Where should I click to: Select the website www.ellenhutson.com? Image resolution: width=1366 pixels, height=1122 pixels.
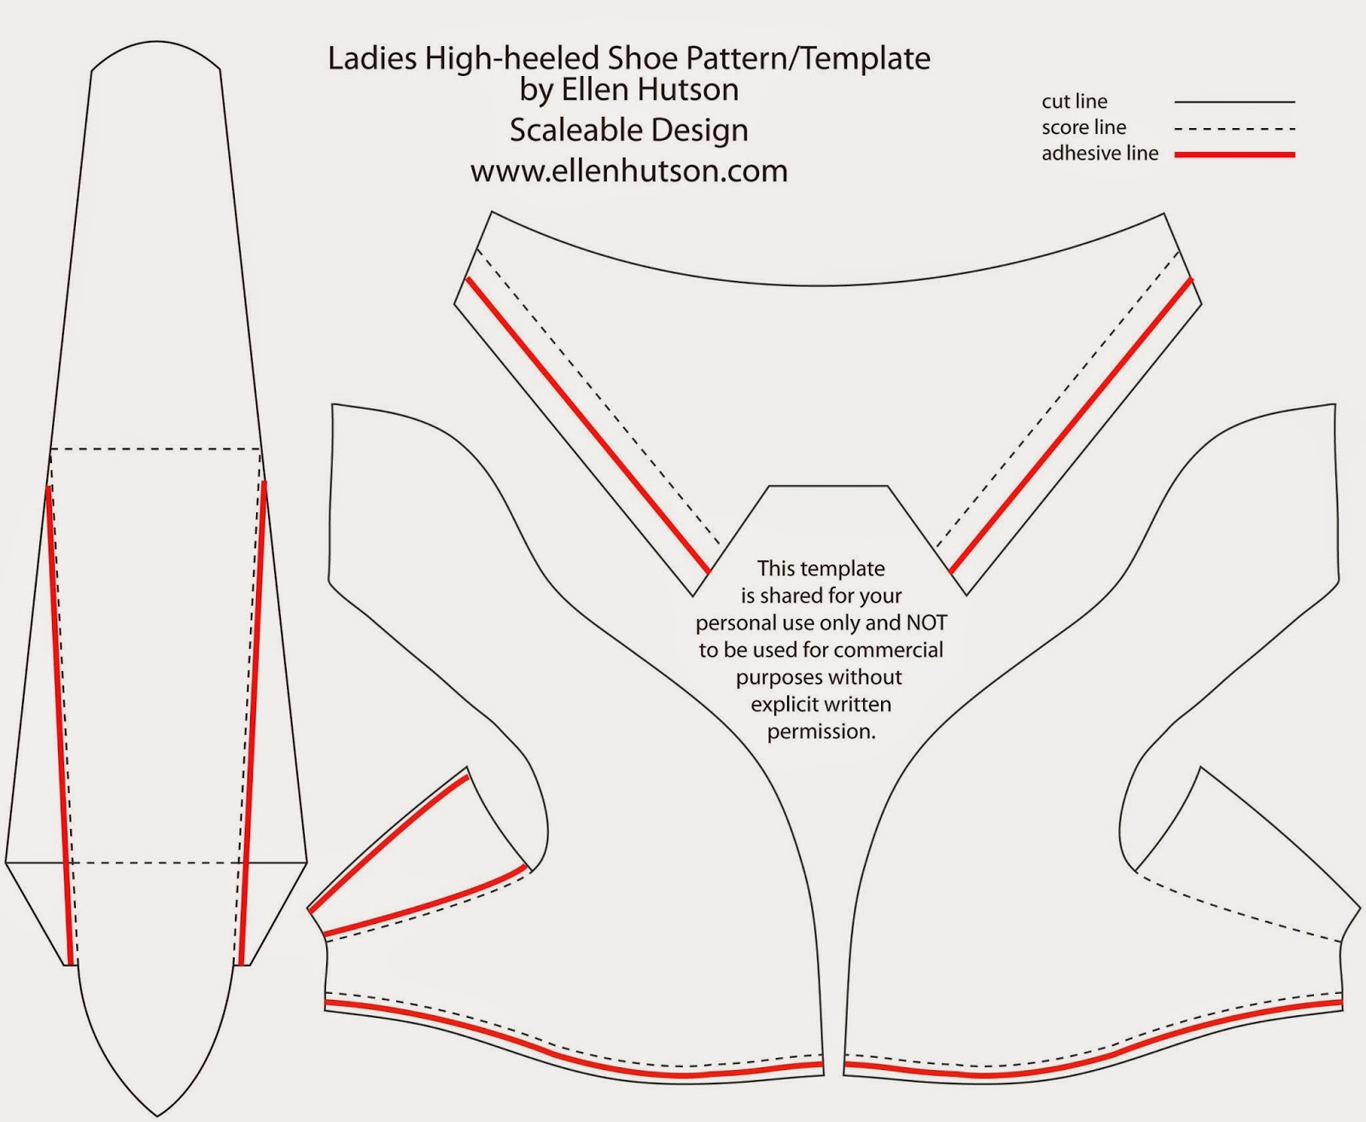(x=629, y=171)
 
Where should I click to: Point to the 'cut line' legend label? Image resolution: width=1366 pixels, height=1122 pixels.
(x=1075, y=102)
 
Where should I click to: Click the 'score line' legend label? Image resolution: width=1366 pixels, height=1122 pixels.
(x=1083, y=127)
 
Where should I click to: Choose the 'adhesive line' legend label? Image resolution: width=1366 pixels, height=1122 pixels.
(x=1100, y=154)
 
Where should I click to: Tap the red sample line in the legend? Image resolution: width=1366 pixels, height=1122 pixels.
(x=1235, y=155)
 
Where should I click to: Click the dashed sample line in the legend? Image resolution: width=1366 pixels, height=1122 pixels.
(x=1235, y=129)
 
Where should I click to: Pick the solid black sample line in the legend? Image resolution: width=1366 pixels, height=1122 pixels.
(x=1235, y=102)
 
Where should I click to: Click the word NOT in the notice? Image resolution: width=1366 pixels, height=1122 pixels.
(x=927, y=622)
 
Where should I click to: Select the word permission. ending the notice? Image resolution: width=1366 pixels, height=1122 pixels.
(x=821, y=732)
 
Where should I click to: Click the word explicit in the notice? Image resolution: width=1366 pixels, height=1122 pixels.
(x=785, y=704)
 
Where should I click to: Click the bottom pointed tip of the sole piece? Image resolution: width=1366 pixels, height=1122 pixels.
(x=157, y=1115)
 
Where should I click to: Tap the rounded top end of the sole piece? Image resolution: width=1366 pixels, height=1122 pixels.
(x=156, y=42)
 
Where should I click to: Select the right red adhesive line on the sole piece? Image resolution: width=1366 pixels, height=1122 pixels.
(x=253, y=723)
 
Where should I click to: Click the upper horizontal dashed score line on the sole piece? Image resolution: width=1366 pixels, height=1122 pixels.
(x=155, y=448)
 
